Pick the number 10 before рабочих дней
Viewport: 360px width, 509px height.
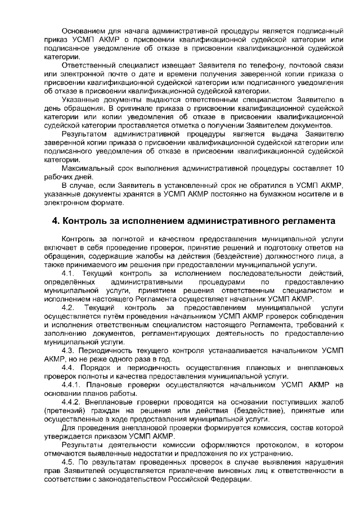[339, 169]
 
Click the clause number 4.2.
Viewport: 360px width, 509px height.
[69, 308]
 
